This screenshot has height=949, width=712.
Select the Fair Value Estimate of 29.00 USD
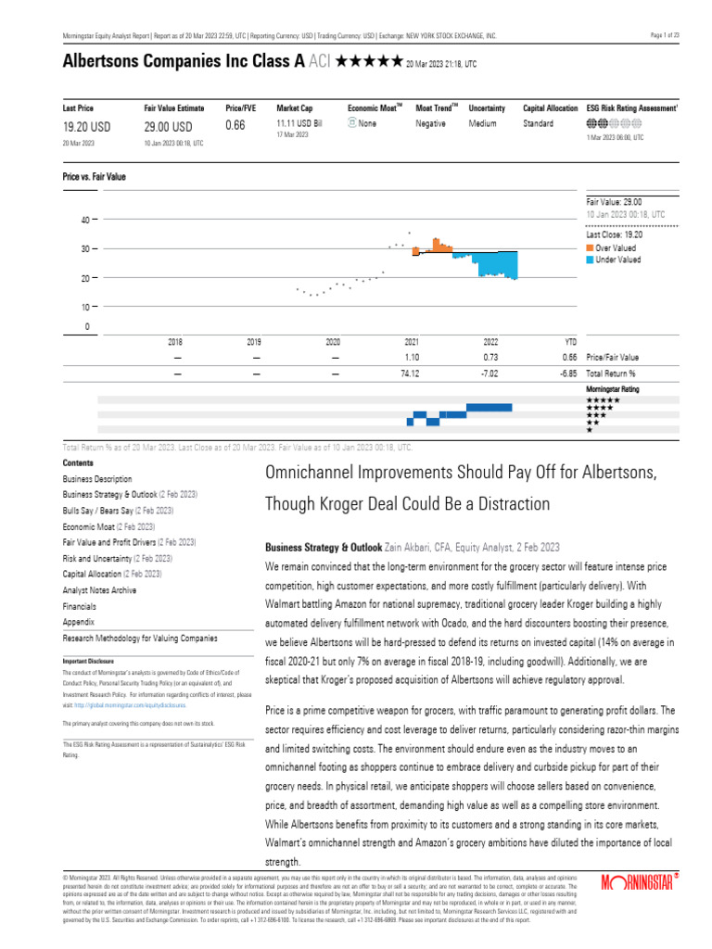pyautogui.click(x=169, y=127)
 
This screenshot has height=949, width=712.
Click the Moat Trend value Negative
pyautogui.click(x=430, y=123)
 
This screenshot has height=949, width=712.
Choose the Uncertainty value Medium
pyautogui.click(x=483, y=123)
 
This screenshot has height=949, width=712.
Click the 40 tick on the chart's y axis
pyautogui.click(x=84, y=220)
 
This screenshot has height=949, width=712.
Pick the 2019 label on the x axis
pyautogui.click(x=254, y=342)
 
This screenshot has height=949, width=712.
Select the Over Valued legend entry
pyautogui.click(x=617, y=248)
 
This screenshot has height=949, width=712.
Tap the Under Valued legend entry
pyautogui.click(x=618, y=259)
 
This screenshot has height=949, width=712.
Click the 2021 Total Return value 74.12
pyautogui.click(x=412, y=373)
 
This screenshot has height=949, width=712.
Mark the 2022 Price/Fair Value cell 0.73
pyautogui.click(x=491, y=357)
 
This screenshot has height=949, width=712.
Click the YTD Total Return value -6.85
pyautogui.click(x=568, y=373)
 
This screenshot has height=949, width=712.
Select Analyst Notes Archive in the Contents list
pyautogui.click(x=99, y=590)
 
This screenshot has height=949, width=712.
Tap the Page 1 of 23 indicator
pyautogui.click(x=666, y=35)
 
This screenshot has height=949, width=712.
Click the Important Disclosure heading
pyautogui.click(x=88, y=662)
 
